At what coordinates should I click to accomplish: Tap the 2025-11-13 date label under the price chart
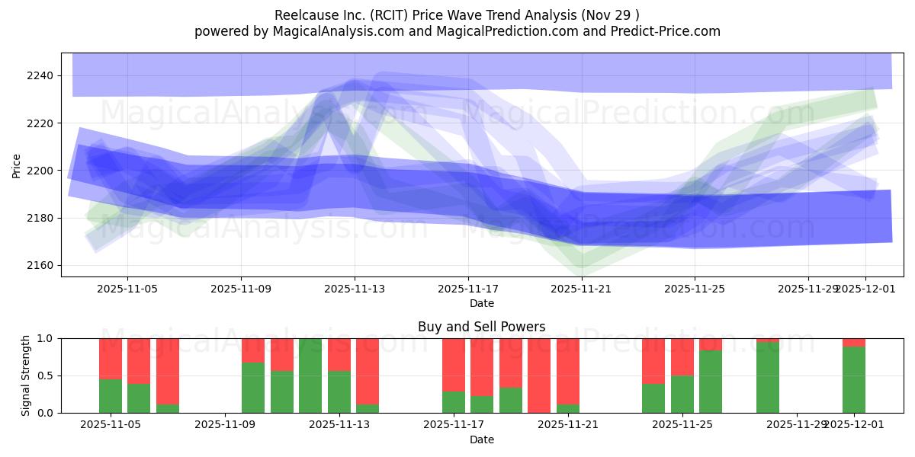[x=355, y=289]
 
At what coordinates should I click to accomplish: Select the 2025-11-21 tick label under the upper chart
[x=582, y=289]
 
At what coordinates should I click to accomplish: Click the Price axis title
[x=16, y=165]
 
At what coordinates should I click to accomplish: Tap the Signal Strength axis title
[x=25, y=375]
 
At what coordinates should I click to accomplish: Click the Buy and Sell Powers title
[x=481, y=327]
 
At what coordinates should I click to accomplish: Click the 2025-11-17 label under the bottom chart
[x=454, y=425]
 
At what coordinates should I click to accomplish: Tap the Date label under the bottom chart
[x=481, y=439]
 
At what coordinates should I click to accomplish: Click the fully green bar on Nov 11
[x=310, y=376]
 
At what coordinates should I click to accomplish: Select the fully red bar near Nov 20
[x=539, y=376]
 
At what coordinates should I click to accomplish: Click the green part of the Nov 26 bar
[x=711, y=381]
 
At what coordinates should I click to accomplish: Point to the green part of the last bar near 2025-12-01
[x=854, y=379]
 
